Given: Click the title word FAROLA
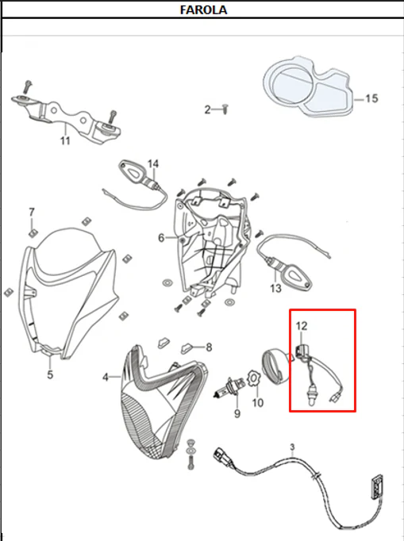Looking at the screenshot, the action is (x=203, y=10).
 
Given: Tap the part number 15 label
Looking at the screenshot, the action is (x=371, y=98).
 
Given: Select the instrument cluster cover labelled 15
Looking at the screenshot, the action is (x=308, y=86).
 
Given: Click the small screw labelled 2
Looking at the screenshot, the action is (x=225, y=109).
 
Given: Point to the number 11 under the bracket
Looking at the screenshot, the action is (x=65, y=140).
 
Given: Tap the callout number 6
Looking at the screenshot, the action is (x=161, y=238).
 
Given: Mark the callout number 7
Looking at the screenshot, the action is (x=32, y=212).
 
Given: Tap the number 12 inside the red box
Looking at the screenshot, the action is (x=302, y=326).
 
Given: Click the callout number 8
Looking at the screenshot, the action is (x=209, y=347).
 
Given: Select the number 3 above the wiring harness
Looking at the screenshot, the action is (x=292, y=447).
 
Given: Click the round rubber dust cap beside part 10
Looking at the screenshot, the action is (x=276, y=366).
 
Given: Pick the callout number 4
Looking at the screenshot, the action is (x=106, y=378).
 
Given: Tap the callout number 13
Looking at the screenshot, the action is (x=275, y=288).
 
